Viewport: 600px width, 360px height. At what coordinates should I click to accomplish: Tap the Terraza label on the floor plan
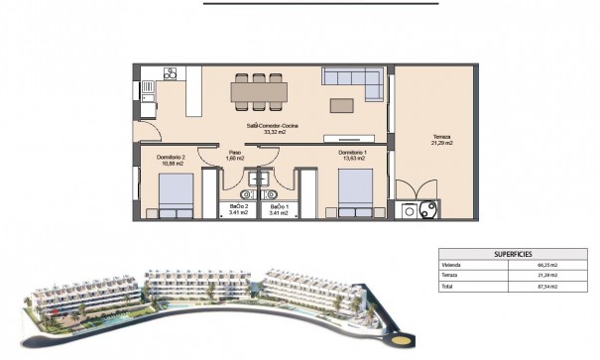pos(442,140)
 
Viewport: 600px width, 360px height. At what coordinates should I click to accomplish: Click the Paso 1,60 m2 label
pos(234,157)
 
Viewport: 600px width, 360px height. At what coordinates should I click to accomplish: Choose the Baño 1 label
pos(279,208)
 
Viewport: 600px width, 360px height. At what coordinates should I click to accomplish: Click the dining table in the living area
pos(259,92)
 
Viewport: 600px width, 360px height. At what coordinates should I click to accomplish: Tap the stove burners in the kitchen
pos(170,73)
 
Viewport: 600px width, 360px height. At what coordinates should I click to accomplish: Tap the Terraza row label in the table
pos(450,276)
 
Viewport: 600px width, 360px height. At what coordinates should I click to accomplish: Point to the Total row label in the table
pos(447,286)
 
